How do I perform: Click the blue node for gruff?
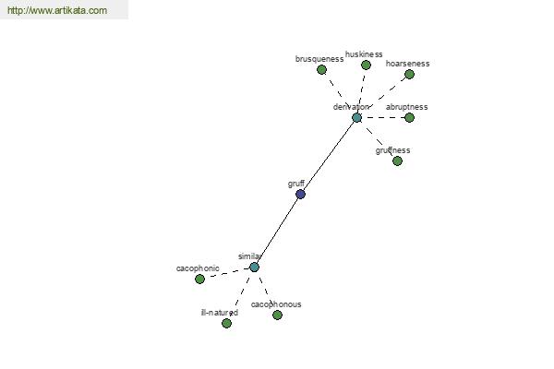[300, 194]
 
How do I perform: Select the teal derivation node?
[356, 117]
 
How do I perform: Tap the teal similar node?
[255, 268]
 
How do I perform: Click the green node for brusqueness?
[321, 69]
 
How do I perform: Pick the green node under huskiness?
[366, 65]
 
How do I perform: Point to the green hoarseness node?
[409, 74]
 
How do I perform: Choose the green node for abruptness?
[409, 117]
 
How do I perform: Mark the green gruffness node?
[397, 161]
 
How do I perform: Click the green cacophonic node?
[200, 279]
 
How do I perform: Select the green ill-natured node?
[227, 323]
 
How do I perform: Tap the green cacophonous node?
[277, 315]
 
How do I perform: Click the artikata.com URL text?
[57, 10]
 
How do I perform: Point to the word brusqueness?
[319, 59]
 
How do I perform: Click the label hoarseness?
[408, 64]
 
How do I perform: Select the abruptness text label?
[406, 107]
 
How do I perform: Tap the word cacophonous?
[276, 304]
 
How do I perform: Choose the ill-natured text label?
[220, 313]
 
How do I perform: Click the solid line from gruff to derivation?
[329, 156]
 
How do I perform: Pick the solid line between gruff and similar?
[277, 231]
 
